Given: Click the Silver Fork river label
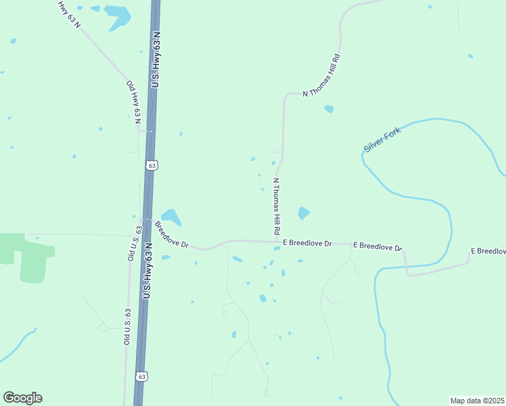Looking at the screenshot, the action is click(382, 139).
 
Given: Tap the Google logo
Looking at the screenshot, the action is click(22, 398).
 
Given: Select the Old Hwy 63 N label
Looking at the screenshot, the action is click(133, 101).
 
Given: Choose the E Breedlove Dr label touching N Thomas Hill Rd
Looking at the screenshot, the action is click(308, 243).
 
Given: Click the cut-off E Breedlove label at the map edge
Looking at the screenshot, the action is click(488, 251).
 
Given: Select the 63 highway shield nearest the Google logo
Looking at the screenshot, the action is click(141, 376).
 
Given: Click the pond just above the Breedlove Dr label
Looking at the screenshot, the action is click(170, 217).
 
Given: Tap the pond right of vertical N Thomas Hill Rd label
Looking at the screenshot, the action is click(304, 213).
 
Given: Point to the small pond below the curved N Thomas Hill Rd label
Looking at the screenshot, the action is click(329, 109).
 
